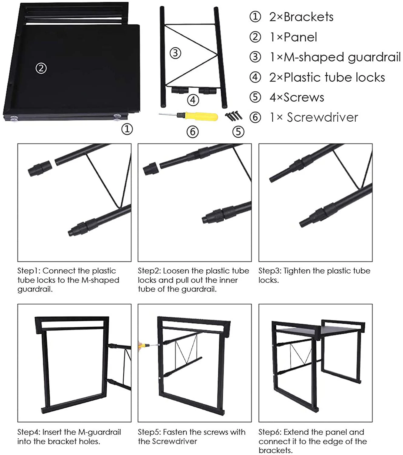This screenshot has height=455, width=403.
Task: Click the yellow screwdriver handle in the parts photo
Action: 202,116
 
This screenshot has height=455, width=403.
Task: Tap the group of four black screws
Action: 234,116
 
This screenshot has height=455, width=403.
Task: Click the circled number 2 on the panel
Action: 41,68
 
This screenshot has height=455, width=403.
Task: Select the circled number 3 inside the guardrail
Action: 175,53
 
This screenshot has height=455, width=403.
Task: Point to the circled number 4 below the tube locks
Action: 193,100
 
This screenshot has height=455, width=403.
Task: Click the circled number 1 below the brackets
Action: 127,129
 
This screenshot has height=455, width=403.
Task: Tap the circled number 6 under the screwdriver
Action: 193,132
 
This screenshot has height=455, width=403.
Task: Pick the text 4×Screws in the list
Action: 297,97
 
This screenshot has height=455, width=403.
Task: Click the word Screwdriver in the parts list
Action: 322,117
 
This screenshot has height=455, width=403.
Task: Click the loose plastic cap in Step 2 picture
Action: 151,168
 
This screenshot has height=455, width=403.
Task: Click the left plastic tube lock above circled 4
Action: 179,90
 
